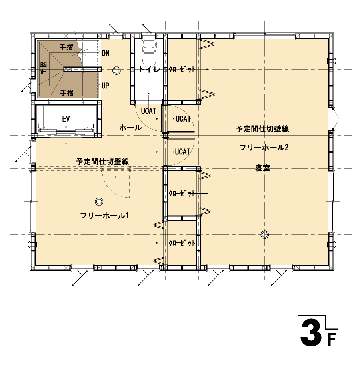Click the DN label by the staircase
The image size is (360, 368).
(x=105, y=53)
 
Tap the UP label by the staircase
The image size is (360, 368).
(x=105, y=86)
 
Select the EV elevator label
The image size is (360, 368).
(x=66, y=119)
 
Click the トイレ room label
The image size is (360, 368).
(x=150, y=69)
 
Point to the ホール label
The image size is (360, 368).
(x=130, y=128)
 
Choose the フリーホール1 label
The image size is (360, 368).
(x=104, y=216)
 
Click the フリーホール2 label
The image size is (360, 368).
(x=264, y=147)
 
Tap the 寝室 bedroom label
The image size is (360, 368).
(x=263, y=168)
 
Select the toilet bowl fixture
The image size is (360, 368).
(x=149, y=53)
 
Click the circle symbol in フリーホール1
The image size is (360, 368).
(x=99, y=201)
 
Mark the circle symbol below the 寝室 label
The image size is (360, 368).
(x=264, y=234)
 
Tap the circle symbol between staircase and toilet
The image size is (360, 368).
(x=116, y=70)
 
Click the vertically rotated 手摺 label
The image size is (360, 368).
(x=44, y=68)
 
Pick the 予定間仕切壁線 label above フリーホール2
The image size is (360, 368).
(x=262, y=129)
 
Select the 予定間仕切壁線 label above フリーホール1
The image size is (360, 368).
(x=102, y=162)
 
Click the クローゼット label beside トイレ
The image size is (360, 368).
(x=182, y=69)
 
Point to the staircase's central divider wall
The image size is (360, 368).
(x=82, y=69)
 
